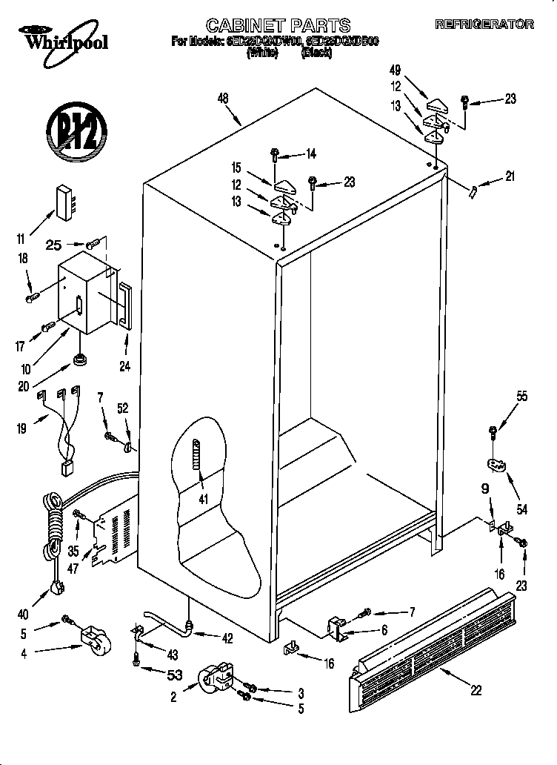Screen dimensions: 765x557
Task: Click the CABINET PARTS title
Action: point(278,26)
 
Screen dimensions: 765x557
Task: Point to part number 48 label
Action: point(223,97)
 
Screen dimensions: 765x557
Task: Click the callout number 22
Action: point(476,689)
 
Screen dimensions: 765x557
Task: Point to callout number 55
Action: point(522,397)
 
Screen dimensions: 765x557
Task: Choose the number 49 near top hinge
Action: point(395,70)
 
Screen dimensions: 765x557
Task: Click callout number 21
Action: point(510,176)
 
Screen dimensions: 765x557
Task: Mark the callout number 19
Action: point(22,428)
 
